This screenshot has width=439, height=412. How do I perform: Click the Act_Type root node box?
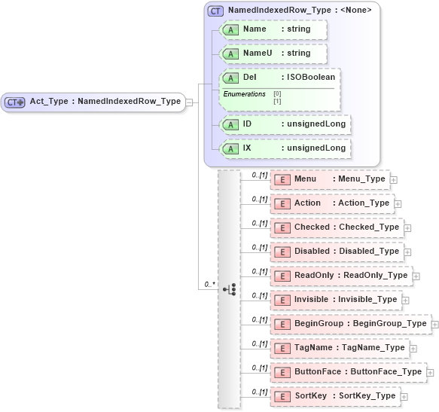[x=93, y=102]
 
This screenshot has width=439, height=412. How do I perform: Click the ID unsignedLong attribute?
[x=285, y=124]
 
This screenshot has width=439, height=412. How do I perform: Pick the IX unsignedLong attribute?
[x=285, y=148]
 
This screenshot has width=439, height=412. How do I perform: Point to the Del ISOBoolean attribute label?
[x=279, y=78]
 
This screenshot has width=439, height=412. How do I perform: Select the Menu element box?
[x=330, y=179]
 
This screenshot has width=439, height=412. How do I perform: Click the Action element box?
[x=332, y=203]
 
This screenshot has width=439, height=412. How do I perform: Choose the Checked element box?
[x=337, y=227]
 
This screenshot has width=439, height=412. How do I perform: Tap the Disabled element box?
[x=337, y=252]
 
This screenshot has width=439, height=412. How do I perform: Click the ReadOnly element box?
[x=341, y=276]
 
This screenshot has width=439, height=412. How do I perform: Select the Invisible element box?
[x=336, y=300]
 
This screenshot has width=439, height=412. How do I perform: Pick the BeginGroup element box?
[x=350, y=324]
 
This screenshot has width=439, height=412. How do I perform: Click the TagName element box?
[x=340, y=348]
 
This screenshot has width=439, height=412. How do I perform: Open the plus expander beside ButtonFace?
[x=431, y=372]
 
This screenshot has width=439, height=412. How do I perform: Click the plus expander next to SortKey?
[x=404, y=396]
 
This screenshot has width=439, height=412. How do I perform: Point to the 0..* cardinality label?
[x=210, y=285]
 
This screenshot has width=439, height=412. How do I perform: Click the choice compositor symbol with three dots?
[x=230, y=289]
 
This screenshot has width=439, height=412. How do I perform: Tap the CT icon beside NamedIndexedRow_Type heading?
[x=216, y=11]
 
